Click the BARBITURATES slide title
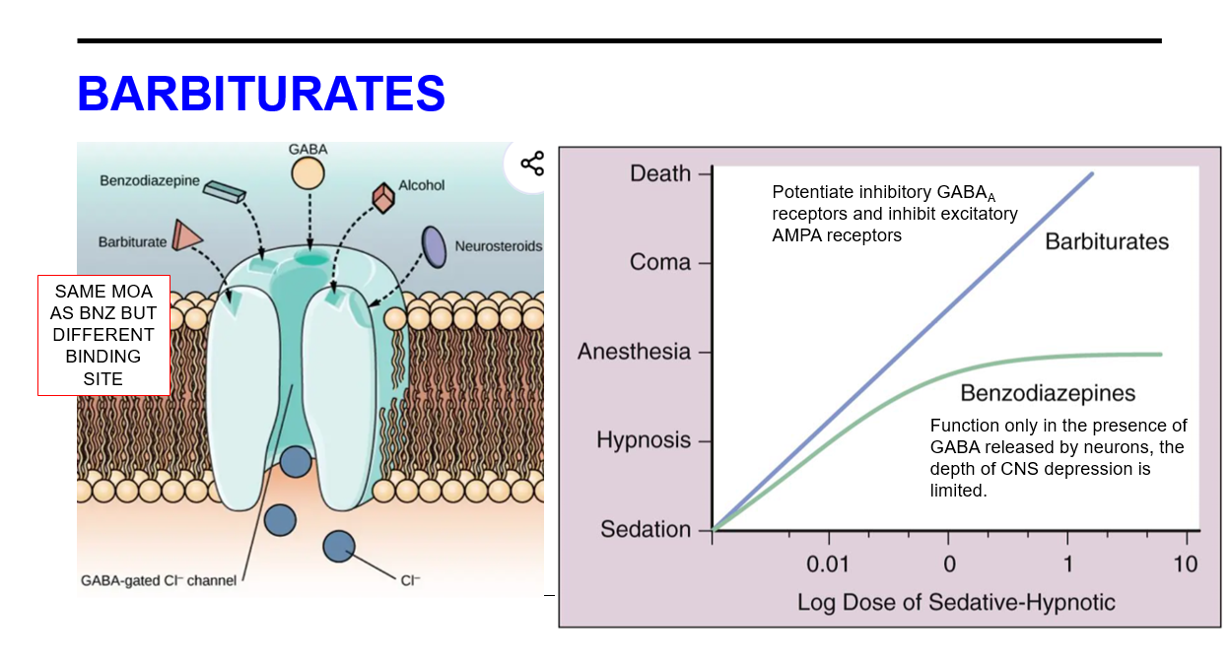coord(261,95)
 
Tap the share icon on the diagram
coord(531,164)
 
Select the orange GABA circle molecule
coord(307,174)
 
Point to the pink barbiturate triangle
coord(186,234)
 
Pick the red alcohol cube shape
coord(382,197)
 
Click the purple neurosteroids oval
coord(433,246)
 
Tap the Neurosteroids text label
coord(498,246)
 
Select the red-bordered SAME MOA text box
coord(103,335)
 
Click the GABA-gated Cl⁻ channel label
coord(158,580)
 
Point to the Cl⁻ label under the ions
coord(410,580)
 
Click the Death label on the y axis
coord(660,173)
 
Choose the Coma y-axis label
coord(660,263)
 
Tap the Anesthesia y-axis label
coord(634,352)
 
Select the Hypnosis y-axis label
coord(644,440)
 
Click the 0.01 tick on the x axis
coord(829,564)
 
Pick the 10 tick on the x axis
coord(1186,564)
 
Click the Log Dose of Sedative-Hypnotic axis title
coord(956,602)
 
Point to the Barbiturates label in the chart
coord(1107,241)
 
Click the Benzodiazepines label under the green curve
coord(1048,394)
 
